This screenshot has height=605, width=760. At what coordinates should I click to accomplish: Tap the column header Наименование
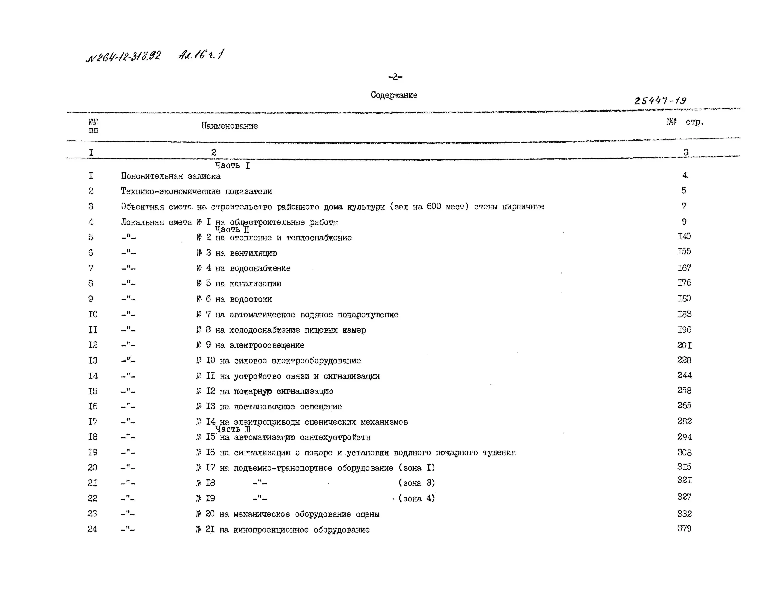(229, 126)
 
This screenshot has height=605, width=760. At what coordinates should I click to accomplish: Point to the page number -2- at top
(395, 77)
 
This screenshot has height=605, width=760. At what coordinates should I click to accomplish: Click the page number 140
(684, 236)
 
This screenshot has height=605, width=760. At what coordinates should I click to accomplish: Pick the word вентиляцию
(253, 253)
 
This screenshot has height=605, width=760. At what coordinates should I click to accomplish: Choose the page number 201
(684, 345)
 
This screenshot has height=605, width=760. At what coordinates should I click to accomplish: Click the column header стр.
(694, 122)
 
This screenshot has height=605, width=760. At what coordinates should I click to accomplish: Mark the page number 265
(684, 406)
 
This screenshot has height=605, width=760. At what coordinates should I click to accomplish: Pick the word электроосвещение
(267, 345)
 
